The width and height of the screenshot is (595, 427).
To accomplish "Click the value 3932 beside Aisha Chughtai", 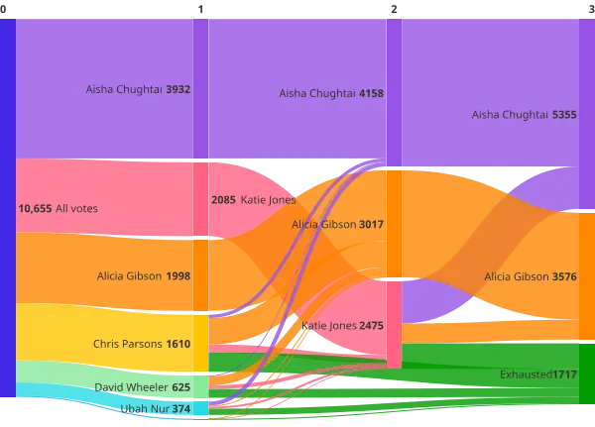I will coord(178,89).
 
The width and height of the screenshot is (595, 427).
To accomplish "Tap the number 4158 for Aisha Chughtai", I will coord(371,93).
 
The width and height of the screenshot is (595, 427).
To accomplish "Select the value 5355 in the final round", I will coord(564,115).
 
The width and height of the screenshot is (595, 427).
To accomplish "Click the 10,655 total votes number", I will coord(35,209).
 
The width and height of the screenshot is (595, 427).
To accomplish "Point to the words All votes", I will coord(76,209).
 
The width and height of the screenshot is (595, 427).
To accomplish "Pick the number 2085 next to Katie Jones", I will coord(223,199).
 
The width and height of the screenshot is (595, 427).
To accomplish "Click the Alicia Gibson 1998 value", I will coord(178,276).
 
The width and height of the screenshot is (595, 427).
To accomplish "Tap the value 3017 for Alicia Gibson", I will coord(371,225).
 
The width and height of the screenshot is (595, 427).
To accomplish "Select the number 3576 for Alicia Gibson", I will coord(564,276).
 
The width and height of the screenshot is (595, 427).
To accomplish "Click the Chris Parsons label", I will coord(127,345).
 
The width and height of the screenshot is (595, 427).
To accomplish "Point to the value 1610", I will coord(178,345).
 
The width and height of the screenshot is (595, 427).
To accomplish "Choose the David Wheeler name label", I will coord(131,387).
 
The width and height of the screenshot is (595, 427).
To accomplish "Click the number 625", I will coord(180,387).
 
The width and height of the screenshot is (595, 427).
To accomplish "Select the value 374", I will coord(180,408).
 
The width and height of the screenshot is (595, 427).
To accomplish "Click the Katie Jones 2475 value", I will coord(371,325).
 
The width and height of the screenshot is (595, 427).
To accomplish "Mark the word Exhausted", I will coord(526,374).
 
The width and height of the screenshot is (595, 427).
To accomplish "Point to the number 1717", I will coord(564,374).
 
